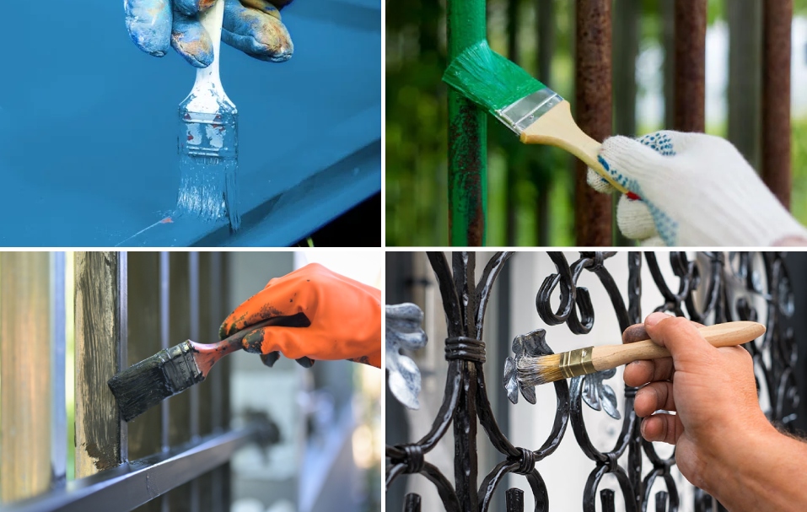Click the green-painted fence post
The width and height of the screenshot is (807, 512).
point(466,169)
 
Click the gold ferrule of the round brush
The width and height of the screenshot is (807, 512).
point(577,362)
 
